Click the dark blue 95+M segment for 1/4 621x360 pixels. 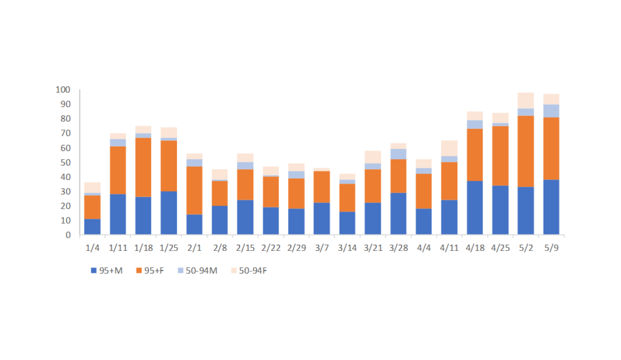pyautogui.click(x=92, y=227)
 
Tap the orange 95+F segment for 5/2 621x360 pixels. pyautogui.click(x=526, y=152)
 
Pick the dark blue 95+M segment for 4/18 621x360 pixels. pyautogui.click(x=475, y=208)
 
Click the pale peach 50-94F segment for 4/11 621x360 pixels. pyautogui.click(x=449, y=148)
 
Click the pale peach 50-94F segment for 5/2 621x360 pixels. pyautogui.click(x=526, y=101)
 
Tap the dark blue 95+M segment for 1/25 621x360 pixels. pyautogui.click(x=169, y=213)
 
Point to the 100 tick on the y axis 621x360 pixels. pyautogui.click(x=63, y=90)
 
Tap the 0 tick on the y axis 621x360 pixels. pyautogui.click(x=68, y=235)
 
